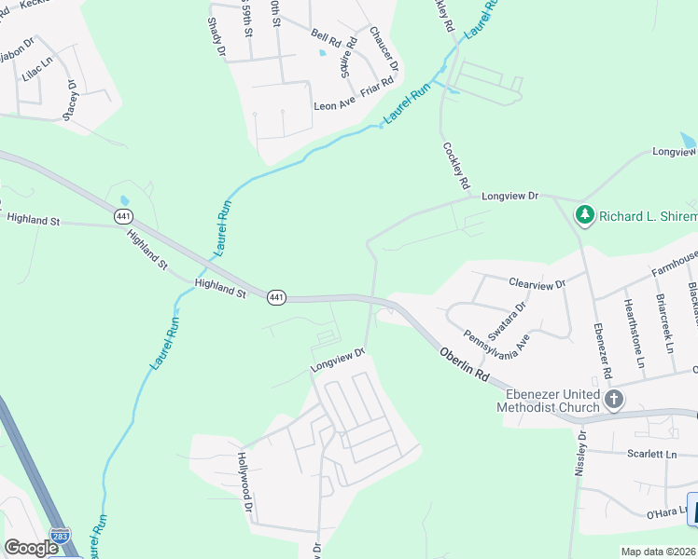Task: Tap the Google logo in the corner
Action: point(32,548)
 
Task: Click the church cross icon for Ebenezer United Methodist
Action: point(614,400)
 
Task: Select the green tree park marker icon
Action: point(585,215)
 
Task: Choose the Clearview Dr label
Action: point(537,283)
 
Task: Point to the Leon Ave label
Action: point(334,106)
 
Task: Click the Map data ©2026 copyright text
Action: point(659,552)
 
